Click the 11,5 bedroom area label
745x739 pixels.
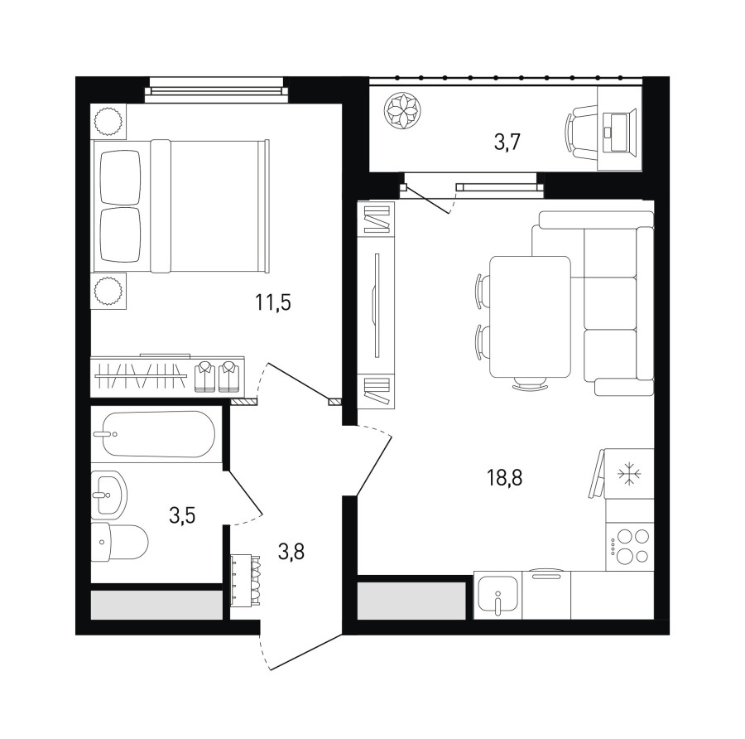coord(272,302)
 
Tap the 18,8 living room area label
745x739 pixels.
coord(504,477)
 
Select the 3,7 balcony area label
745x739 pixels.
coord(507,142)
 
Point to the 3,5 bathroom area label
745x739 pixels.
coord(182,514)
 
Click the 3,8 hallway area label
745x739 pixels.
coord(291,553)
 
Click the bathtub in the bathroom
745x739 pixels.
coord(159,434)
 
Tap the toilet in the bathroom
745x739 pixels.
coord(119,542)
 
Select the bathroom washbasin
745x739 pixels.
coord(108,495)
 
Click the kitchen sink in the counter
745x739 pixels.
coord(497,595)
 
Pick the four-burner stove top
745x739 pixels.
coord(630,546)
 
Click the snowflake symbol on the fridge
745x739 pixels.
coord(630,474)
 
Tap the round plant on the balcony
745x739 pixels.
coord(402,110)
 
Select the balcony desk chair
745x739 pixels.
coord(580,132)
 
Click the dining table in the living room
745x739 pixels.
coord(530,316)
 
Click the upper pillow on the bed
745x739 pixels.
coord(121,177)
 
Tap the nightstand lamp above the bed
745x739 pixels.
coord(108,122)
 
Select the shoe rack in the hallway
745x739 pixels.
coord(246,580)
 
